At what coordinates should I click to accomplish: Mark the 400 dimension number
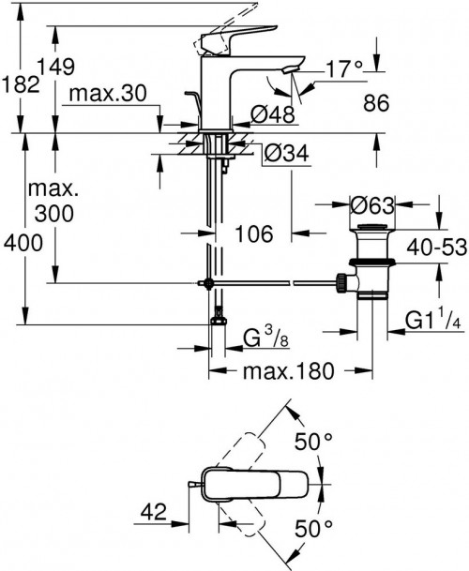(21, 244)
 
